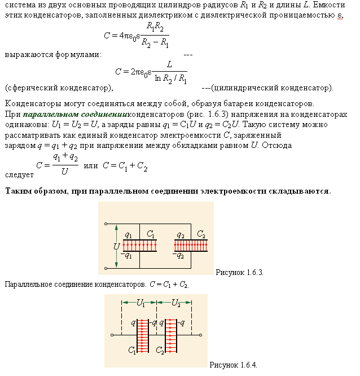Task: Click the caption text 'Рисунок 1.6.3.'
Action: pyautogui.click(x=240, y=272)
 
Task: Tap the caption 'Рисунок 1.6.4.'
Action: pyautogui.click(x=233, y=365)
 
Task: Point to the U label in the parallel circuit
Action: pyautogui.click(x=115, y=247)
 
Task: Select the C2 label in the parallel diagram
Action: pyautogui.click(x=201, y=234)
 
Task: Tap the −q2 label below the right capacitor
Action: pyautogui.click(x=180, y=255)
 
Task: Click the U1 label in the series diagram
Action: pyautogui.click(x=141, y=303)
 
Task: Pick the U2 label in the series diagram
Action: pyautogui.click(x=177, y=303)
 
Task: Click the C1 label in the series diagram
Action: pyautogui.click(x=132, y=351)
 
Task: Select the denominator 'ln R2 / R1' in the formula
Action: pyautogui.click(x=170, y=80)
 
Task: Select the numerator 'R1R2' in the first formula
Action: pyautogui.click(x=156, y=27)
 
